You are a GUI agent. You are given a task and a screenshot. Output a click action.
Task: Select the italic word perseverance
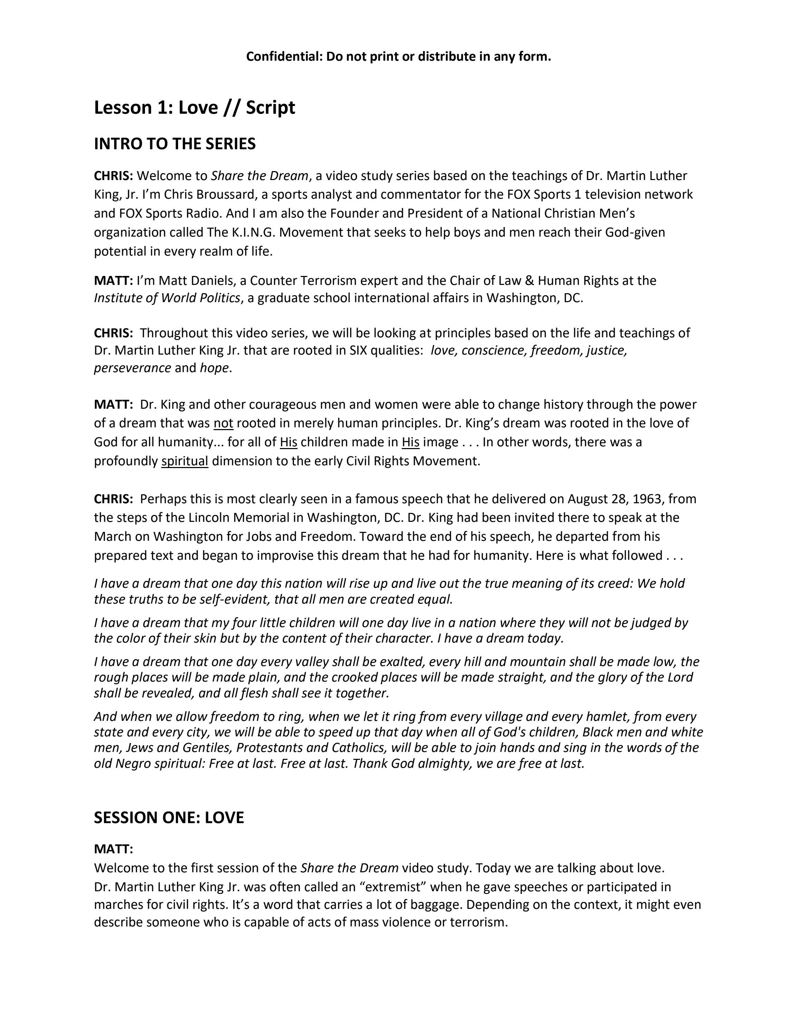133,368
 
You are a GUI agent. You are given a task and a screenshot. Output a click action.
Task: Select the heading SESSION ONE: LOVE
169,818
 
